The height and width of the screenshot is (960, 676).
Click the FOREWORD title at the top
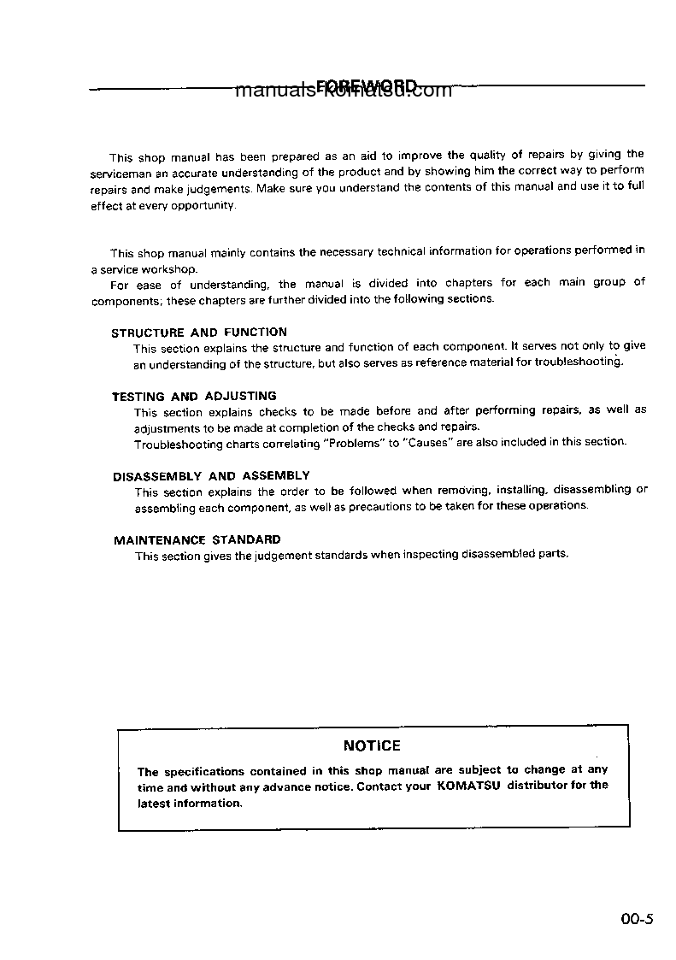coord(367,86)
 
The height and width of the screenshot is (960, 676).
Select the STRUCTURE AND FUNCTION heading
coord(199,332)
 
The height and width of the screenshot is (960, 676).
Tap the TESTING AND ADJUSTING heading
coord(194,396)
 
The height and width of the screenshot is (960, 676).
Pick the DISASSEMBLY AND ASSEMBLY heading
coord(211,475)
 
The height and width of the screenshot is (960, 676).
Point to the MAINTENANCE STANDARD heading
coord(197,539)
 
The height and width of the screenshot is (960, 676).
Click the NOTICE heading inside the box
coord(372,745)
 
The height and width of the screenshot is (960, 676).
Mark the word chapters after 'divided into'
coord(468,282)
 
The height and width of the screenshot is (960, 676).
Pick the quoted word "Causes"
coord(428,443)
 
